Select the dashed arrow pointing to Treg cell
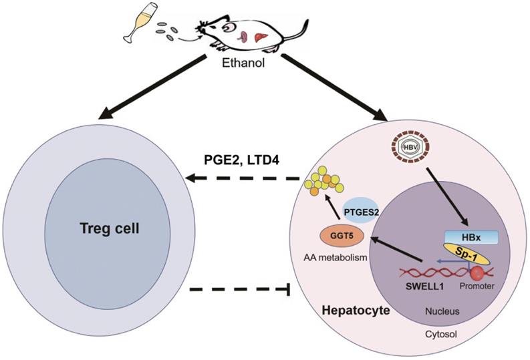pos(243,178)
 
